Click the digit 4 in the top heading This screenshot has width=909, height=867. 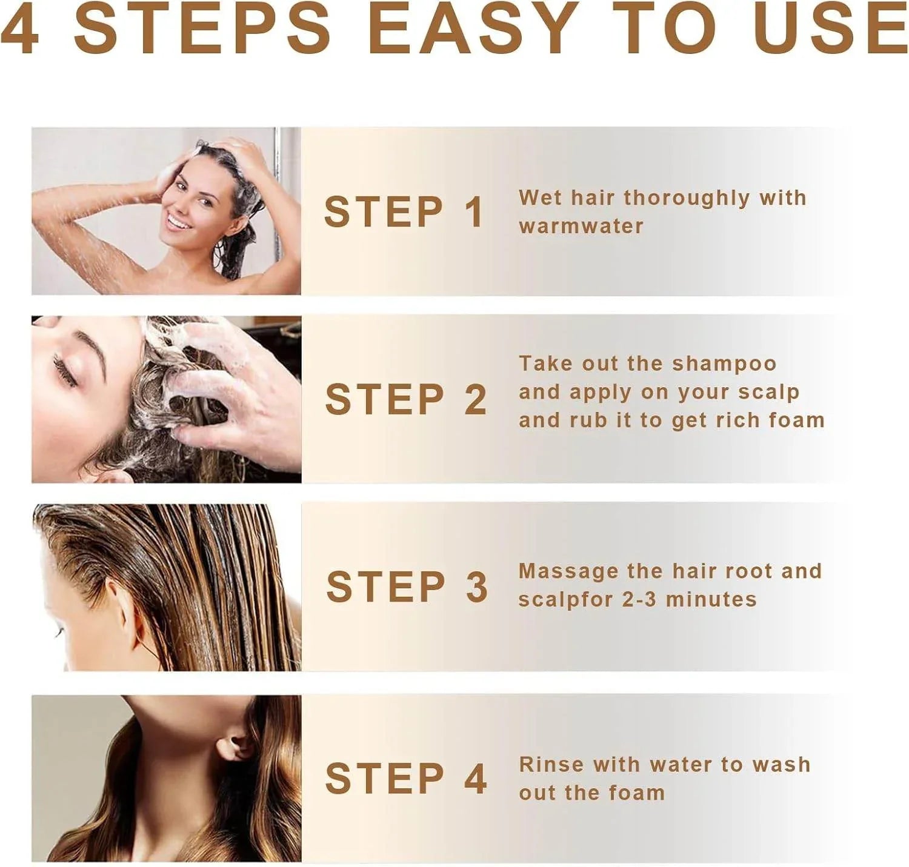tap(19, 27)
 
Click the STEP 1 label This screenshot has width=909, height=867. tap(404, 212)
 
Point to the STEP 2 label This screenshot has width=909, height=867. tap(405, 399)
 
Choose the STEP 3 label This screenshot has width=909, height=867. tap(407, 586)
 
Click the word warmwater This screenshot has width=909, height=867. tap(581, 227)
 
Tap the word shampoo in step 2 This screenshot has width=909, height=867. tap(724, 364)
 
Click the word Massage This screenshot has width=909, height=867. tap(568, 573)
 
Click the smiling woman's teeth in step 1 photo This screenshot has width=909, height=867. tap(179, 221)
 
